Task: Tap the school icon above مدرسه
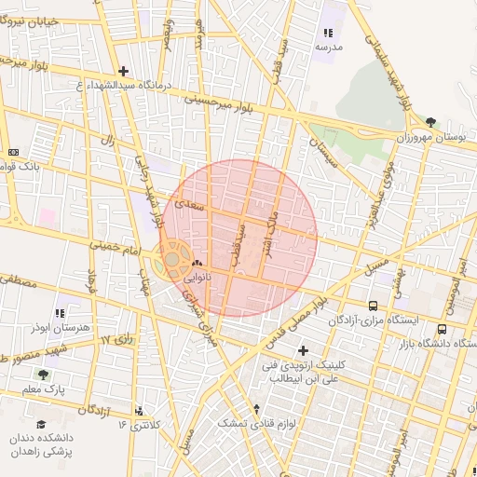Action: (326, 34)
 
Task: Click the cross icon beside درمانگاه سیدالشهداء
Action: (123, 71)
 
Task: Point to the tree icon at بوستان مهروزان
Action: (430, 122)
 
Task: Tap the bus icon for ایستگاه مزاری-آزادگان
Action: (373, 306)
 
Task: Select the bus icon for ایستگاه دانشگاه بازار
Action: (442, 328)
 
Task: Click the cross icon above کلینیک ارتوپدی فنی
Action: (302, 349)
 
